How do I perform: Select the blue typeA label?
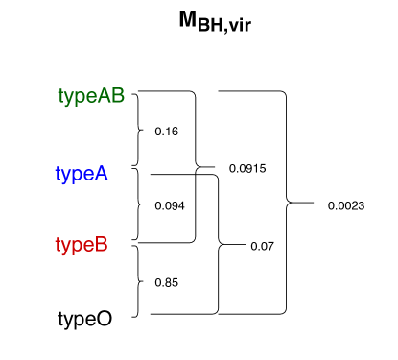pyautogui.click(x=82, y=174)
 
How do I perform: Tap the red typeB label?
pyautogui.click(x=82, y=245)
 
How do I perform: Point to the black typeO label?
pyautogui.click(x=84, y=318)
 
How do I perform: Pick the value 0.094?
pyautogui.click(x=169, y=204)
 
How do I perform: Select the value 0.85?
pyautogui.click(x=167, y=282)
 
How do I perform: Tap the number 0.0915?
pyautogui.click(x=246, y=169)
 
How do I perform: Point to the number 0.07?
pyautogui.click(x=262, y=246)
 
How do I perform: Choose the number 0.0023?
pyautogui.click(x=345, y=204)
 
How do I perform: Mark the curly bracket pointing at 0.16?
pyautogui.click(x=140, y=130)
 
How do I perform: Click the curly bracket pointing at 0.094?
pyautogui.click(x=140, y=204)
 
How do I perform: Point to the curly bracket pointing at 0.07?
pyautogui.click(x=220, y=245)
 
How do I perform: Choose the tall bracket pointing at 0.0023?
pyautogui.click(x=286, y=203)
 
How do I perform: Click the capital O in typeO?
pyautogui.click(x=103, y=318)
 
